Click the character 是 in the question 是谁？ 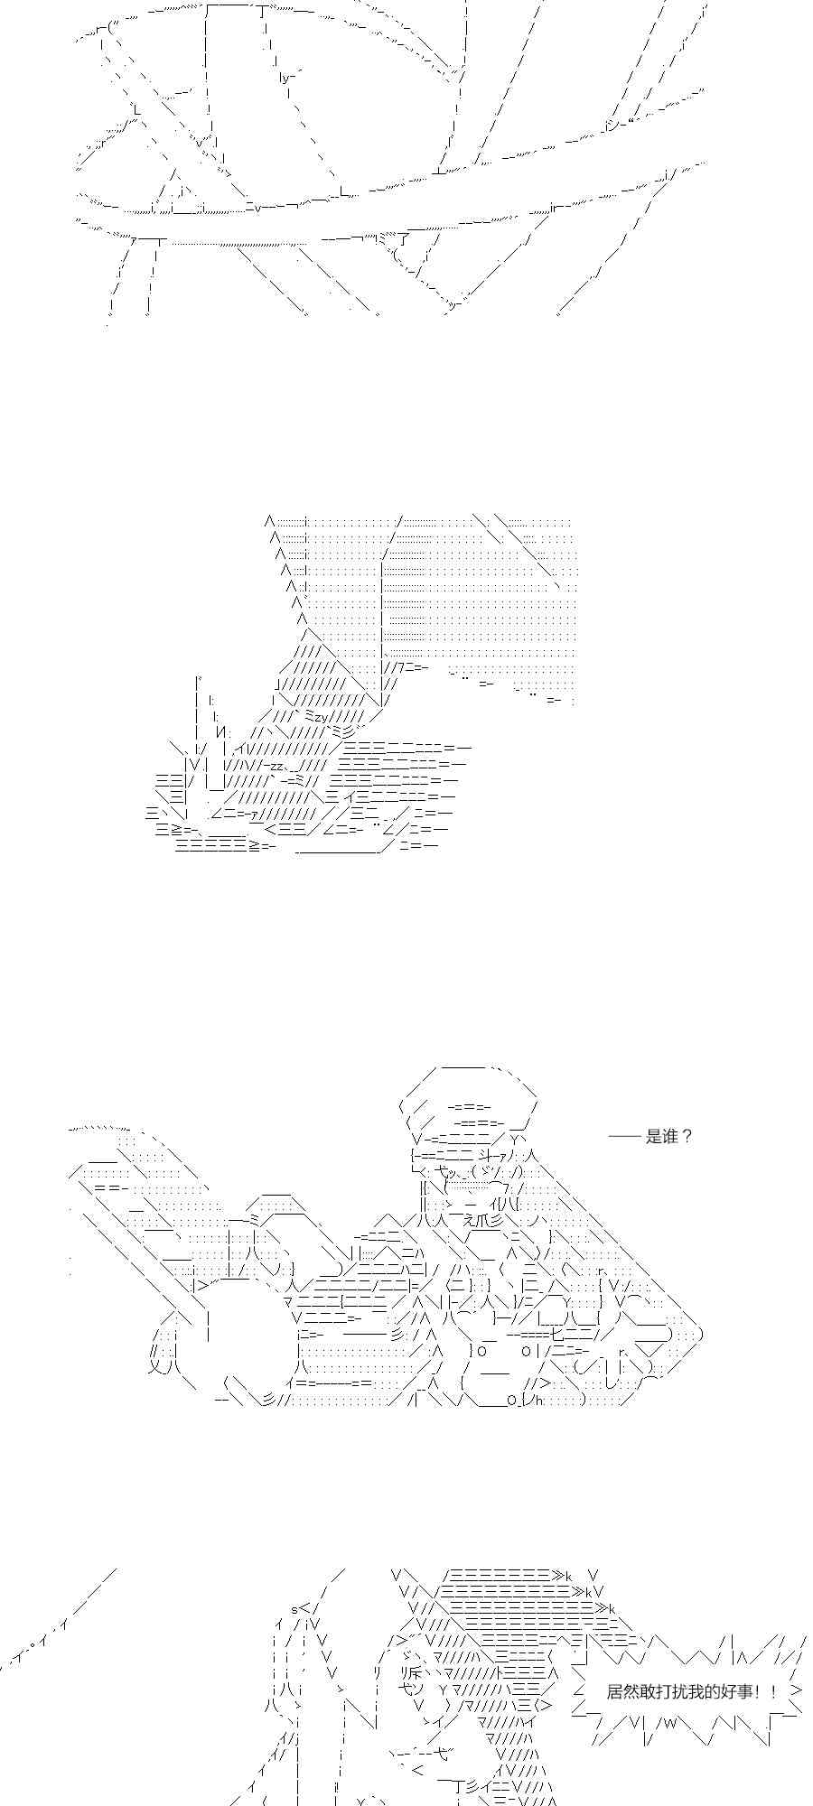(654, 1137)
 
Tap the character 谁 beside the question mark (670, 1137)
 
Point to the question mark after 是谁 (687, 1137)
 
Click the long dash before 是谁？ (624, 1137)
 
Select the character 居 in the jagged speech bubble (614, 1691)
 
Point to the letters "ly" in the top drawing (286, 78)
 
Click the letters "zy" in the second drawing (322, 716)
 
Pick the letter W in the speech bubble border (673, 1723)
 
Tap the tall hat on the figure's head (470, 1097)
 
